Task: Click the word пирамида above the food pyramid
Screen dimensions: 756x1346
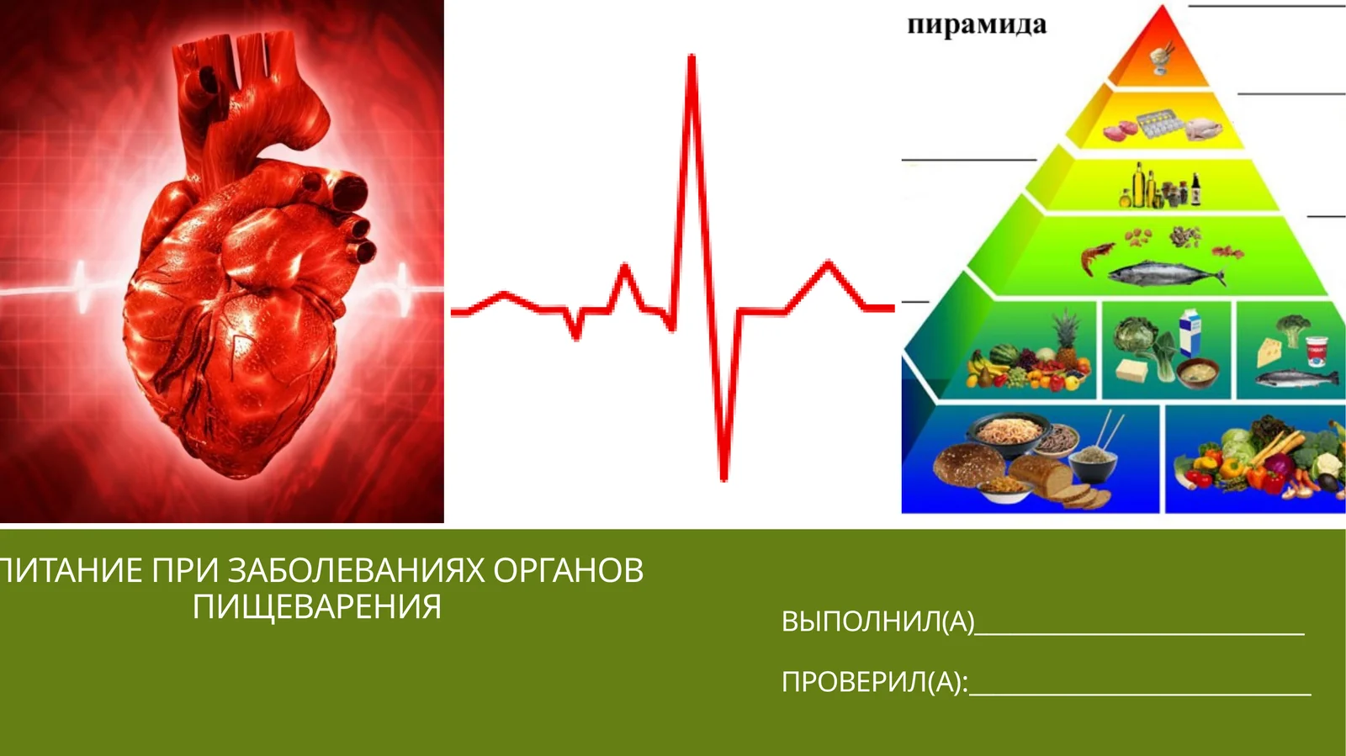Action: (977, 25)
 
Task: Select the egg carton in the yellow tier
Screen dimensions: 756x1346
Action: (1161, 124)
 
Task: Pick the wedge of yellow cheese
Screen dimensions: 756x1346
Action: (1269, 351)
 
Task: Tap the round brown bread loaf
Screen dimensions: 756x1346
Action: (967, 464)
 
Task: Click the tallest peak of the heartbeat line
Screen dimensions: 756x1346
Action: (692, 59)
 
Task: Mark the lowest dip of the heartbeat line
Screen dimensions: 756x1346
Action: (723, 477)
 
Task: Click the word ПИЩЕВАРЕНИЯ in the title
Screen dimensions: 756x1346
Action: (316, 606)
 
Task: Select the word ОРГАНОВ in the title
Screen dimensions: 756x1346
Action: (568, 570)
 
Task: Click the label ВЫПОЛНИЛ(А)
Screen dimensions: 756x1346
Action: (877, 621)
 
